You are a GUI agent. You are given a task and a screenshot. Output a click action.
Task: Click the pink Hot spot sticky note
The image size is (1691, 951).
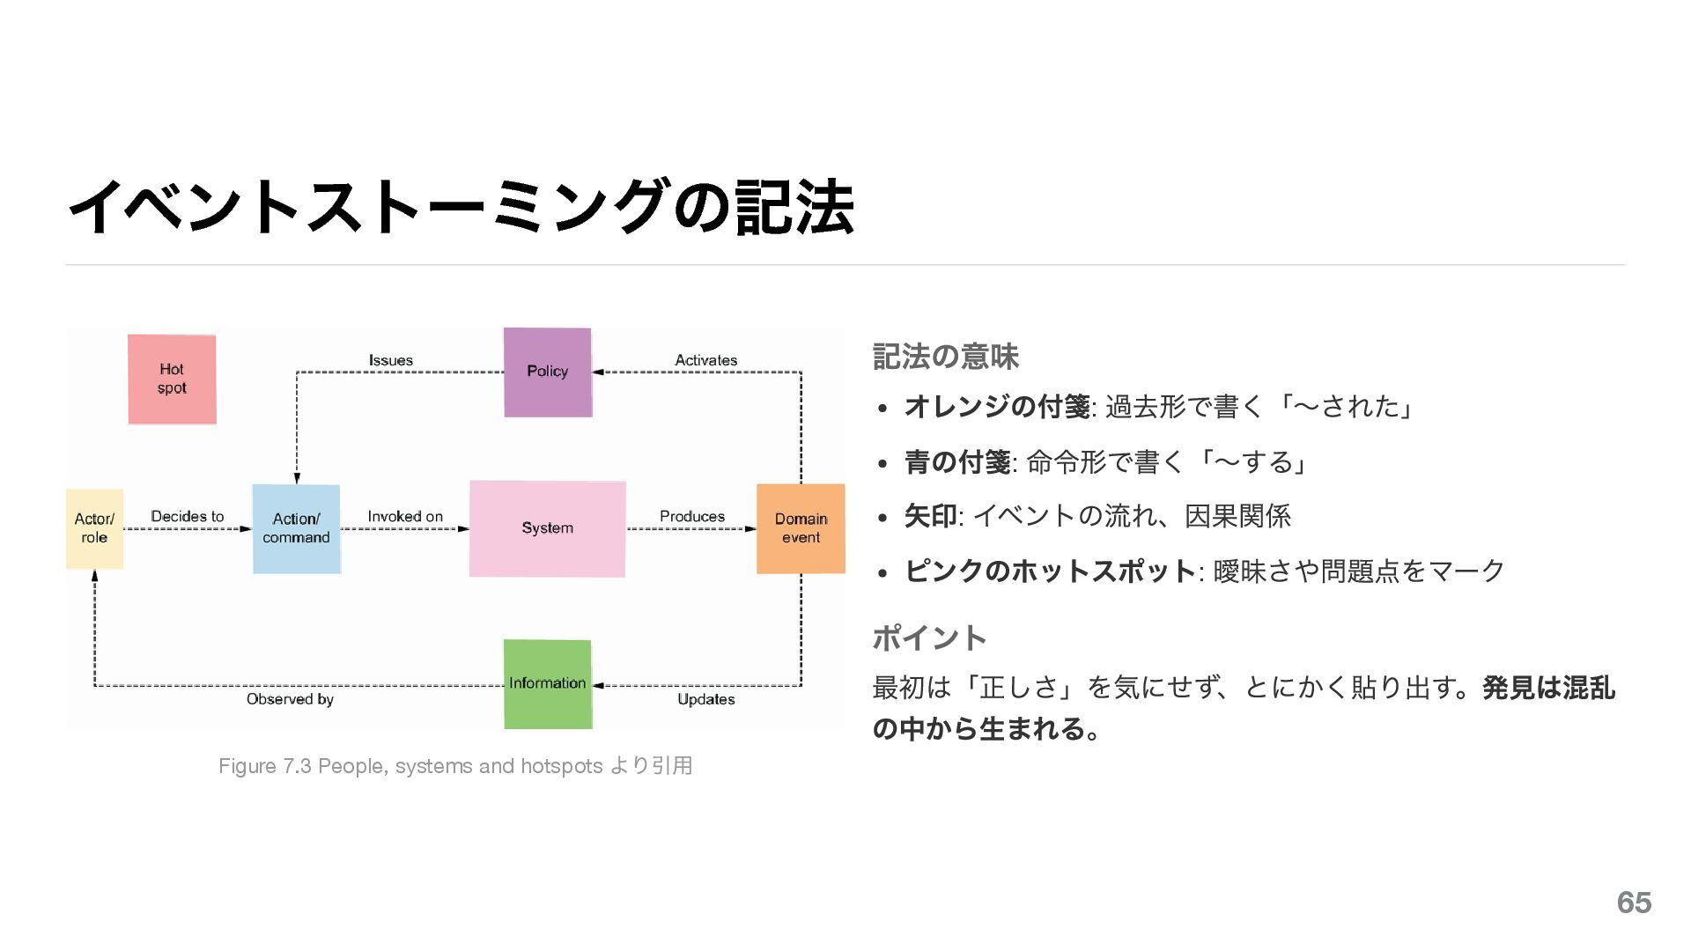172,380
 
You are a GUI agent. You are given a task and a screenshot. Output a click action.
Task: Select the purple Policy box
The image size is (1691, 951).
548,372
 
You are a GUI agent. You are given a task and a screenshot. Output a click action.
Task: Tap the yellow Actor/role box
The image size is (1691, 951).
94,528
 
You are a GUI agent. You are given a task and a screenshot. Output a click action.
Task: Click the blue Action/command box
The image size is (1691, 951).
296,528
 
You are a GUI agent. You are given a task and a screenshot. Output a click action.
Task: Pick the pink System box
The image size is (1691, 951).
547,528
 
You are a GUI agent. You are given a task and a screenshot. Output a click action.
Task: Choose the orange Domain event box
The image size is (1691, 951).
801,528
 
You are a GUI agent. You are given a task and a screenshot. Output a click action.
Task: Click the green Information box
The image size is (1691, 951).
548,684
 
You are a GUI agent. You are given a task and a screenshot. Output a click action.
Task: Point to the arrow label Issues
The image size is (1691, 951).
391,360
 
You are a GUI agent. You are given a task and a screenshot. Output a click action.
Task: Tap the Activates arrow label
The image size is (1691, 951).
706,360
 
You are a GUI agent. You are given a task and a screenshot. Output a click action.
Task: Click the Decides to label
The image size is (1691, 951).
188,516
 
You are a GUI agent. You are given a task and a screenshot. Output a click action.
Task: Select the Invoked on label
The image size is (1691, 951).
405,516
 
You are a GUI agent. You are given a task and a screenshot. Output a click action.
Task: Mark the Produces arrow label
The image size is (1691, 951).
692,516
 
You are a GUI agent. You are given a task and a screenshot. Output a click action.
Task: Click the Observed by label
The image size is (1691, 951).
290,699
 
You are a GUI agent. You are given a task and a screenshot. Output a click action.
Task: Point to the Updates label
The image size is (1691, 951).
706,699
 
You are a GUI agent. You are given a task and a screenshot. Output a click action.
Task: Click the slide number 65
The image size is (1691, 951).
1634,903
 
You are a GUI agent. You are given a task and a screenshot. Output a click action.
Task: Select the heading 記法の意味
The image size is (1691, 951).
945,357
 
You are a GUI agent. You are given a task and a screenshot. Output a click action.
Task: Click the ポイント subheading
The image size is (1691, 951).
929,638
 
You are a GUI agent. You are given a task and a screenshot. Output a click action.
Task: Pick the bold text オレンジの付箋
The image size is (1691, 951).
997,407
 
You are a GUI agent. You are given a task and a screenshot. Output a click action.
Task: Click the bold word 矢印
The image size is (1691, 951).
930,516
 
